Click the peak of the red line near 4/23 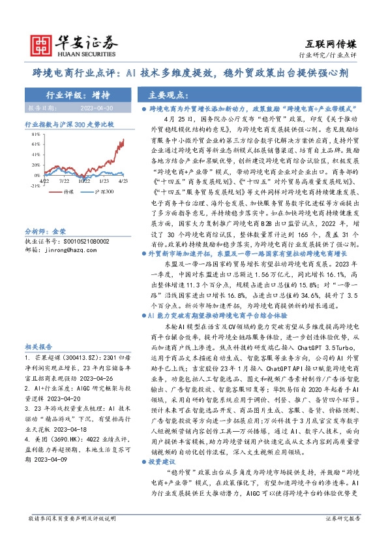pyautogui.click(x=123, y=139)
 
